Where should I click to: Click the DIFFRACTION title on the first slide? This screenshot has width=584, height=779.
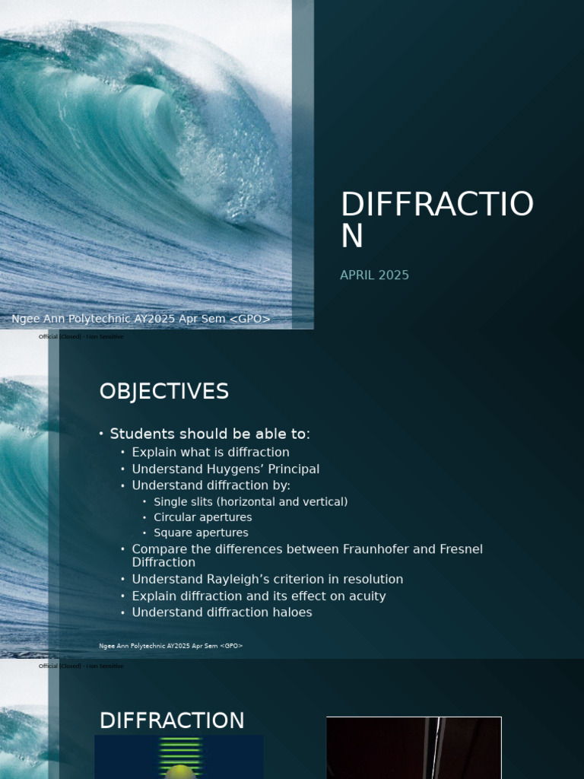click(436, 220)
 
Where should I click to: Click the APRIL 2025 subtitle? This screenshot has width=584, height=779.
click(374, 275)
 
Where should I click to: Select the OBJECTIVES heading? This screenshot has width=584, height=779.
click(163, 391)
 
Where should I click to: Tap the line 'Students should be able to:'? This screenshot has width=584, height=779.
click(210, 434)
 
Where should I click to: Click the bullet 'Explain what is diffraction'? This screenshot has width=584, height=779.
click(211, 453)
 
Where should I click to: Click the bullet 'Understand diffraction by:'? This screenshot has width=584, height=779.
click(211, 485)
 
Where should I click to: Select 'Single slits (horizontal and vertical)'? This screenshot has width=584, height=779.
click(250, 502)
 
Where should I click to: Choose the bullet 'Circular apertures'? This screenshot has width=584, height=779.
click(202, 517)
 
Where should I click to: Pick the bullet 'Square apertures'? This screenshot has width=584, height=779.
click(201, 533)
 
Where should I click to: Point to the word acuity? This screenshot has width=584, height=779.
click(365, 596)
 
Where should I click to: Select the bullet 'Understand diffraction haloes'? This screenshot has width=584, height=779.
click(221, 612)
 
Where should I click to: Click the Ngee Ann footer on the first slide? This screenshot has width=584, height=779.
click(141, 319)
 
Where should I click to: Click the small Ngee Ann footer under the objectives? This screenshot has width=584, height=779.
click(170, 646)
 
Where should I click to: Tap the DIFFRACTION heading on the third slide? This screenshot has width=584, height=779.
click(172, 720)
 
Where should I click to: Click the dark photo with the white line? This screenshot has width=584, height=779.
click(414, 748)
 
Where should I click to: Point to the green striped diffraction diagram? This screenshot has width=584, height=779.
click(179, 757)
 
